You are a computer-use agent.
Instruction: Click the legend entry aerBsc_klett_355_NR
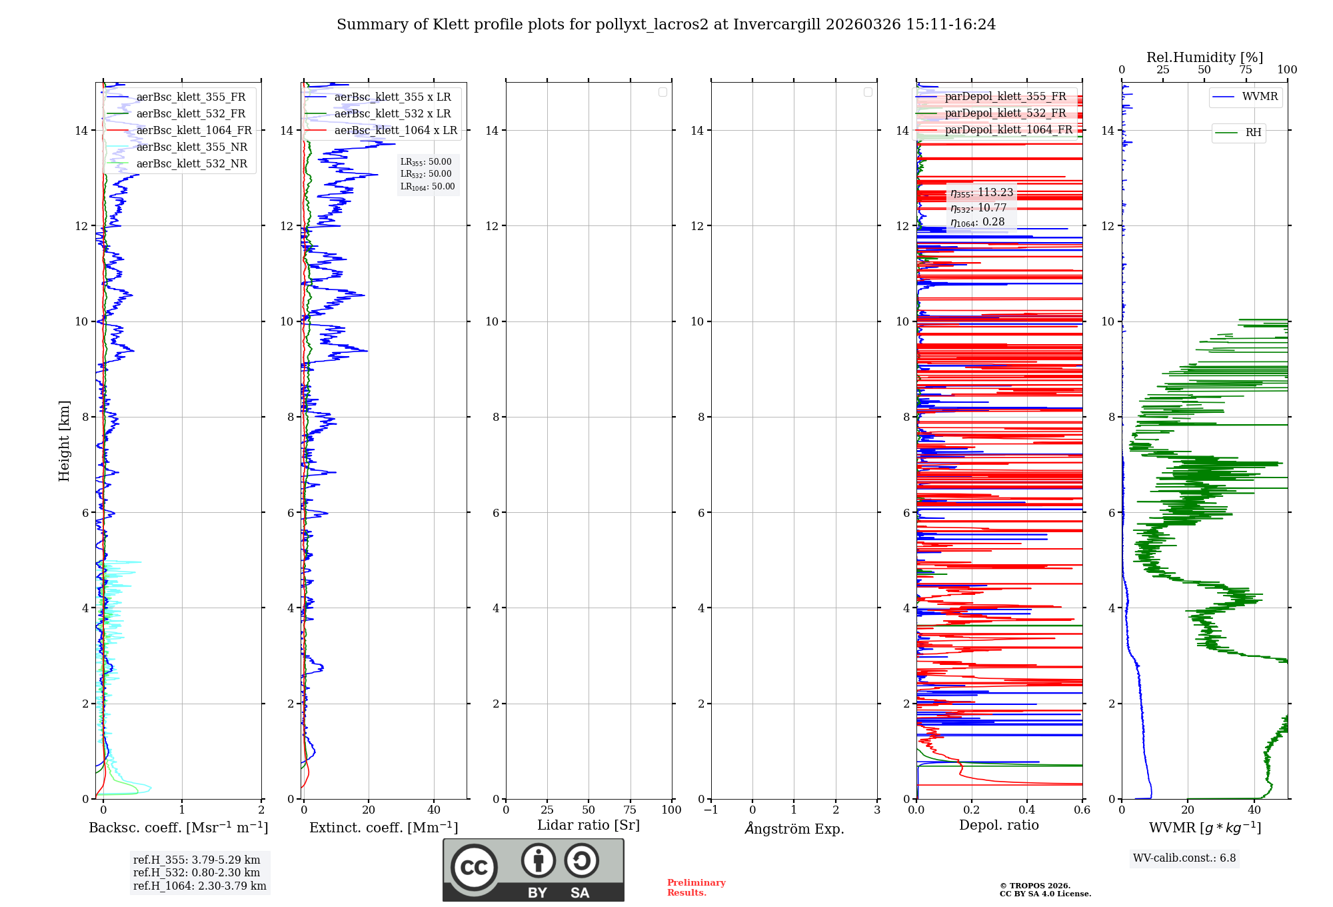[191, 147]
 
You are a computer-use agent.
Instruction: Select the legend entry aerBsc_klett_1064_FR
[193, 131]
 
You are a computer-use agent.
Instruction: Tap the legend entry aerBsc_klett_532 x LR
[392, 114]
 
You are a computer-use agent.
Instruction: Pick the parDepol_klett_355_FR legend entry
[1005, 97]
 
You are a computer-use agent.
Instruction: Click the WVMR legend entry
[1260, 97]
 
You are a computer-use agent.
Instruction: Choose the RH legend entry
[1253, 133]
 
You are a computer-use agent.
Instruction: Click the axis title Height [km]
[64, 441]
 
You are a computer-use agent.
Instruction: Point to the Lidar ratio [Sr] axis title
[589, 826]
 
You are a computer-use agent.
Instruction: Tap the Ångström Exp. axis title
[794, 828]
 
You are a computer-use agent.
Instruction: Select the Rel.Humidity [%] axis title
[1204, 57]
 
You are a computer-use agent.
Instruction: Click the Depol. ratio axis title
[998, 826]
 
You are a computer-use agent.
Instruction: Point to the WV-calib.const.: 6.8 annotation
[1184, 858]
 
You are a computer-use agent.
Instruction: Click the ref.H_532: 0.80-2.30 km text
[197, 873]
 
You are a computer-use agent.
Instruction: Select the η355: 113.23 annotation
[982, 193]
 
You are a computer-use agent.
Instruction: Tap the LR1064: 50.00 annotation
[427, 187]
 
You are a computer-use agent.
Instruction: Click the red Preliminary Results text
[696, 888]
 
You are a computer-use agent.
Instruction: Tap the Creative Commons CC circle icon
[474, 867]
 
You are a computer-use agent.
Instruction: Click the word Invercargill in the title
[776, 25]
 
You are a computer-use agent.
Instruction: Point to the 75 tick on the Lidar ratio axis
[630, 810]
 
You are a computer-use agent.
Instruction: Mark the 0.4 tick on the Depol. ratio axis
[1027, 810]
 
